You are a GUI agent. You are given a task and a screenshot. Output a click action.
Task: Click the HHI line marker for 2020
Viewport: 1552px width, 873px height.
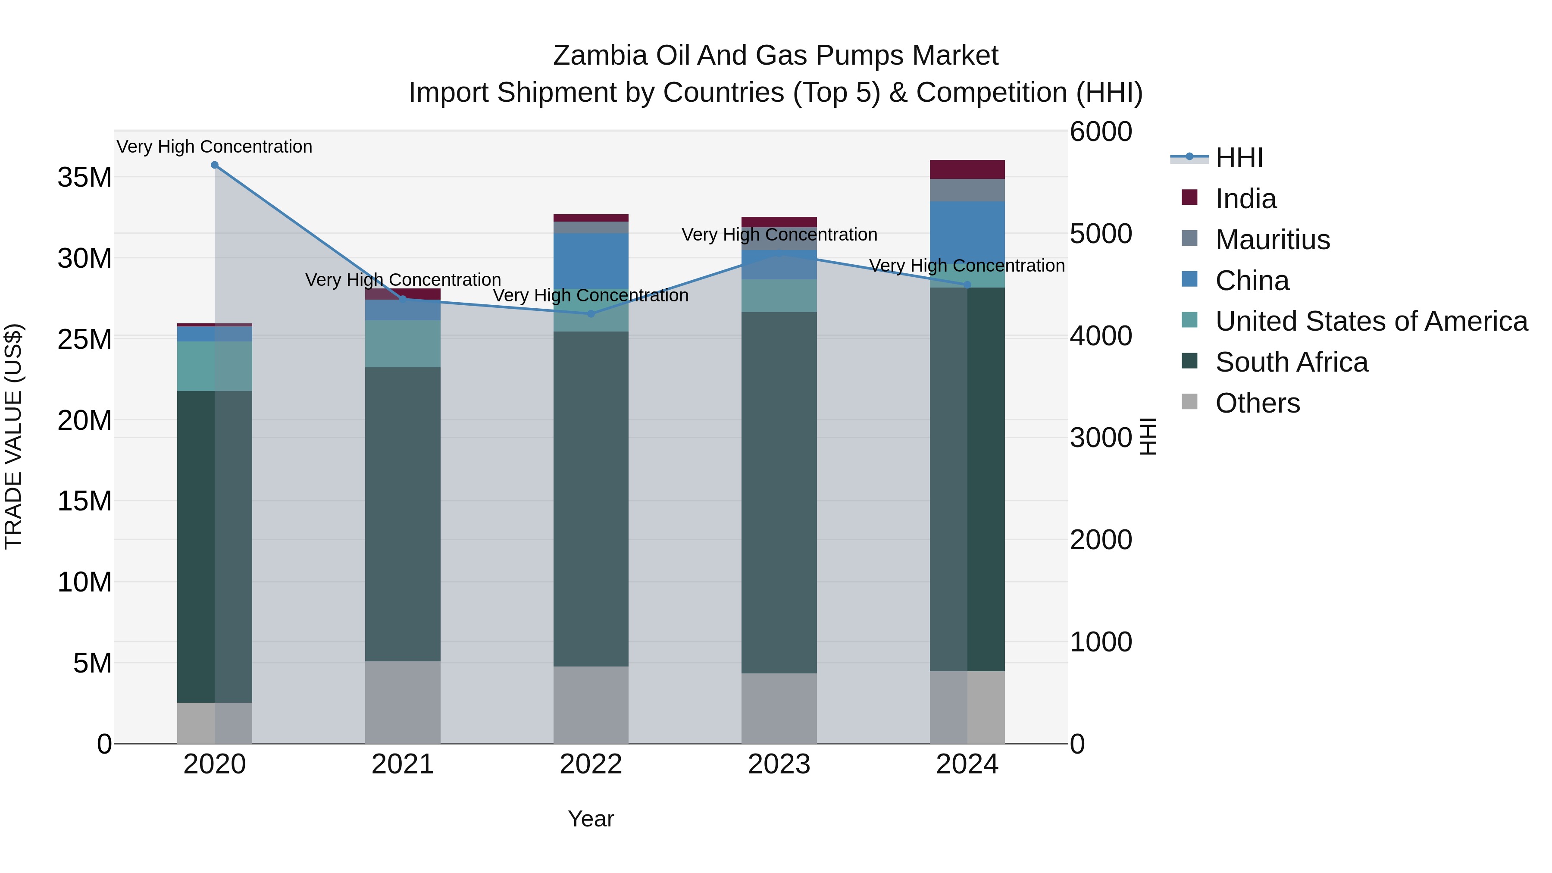pyautogui.click(x=215, y=165)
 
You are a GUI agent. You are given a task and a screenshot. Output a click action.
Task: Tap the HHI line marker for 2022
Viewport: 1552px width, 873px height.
pyautogui.click(x=591, y=314)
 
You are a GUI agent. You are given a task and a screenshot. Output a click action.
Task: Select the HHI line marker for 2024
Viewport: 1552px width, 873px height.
pyautogui.click(x=967, y=285)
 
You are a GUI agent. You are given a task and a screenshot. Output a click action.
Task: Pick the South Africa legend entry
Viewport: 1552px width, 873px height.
pyautogui.click(x=1291, y=362)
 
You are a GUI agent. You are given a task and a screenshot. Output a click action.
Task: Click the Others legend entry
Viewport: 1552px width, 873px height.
pyautogui.click(x=1258, y=403)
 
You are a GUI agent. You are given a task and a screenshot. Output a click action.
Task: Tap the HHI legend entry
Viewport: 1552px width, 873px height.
pyautogui.click(x=1239, y=158)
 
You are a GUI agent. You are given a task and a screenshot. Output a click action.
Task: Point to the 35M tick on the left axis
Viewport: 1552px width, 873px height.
pyautogui.click(x=84, y=178)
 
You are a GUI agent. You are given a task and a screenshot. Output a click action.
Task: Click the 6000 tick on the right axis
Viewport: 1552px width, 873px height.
pyautogui.click(x=1101, y=132)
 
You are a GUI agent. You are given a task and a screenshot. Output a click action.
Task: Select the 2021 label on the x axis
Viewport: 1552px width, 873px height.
pyautogui.click(x=403, y=764)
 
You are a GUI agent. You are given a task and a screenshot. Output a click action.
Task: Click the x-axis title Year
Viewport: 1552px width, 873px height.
pyautogui.click(x=591, y=819)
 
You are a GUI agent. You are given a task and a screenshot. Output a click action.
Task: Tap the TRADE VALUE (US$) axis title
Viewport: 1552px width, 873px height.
pyautogui.click(x=13, y=436)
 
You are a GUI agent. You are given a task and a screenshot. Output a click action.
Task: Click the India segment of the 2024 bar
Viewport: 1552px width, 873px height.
pyautogui.click(x=967, y=169)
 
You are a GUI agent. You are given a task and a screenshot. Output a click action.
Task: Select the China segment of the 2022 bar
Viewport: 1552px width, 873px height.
pyautogui.click(x=591, y=260)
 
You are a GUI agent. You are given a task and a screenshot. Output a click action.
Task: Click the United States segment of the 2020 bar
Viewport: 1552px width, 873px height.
pyautogui.click(x=215, y=366)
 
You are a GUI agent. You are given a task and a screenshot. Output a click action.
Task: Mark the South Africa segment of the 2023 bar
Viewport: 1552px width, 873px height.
pyautogui.click(x=779, y=492)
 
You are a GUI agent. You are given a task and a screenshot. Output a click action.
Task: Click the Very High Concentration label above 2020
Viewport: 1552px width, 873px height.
pyautogui.click(x=215, y=147)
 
